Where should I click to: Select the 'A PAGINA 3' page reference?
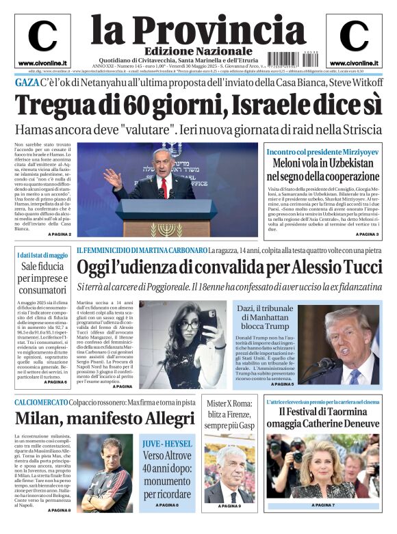[x=367, y=235]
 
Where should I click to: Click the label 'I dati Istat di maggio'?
[x=42, y=255]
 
